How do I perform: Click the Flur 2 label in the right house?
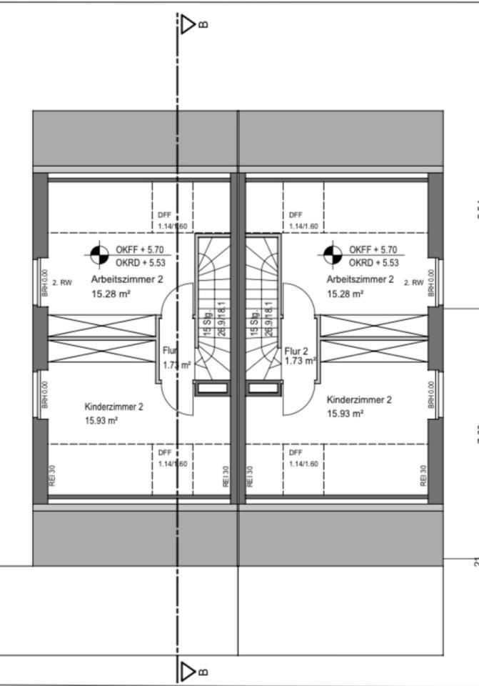click(296, 352)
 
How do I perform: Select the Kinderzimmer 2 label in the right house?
click(359, 400)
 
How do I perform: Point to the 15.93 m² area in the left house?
click(101, 421)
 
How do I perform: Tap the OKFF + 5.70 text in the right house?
click(373, 250)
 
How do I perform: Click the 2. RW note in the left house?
click(62, 283)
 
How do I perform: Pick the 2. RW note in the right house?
click(414, 283)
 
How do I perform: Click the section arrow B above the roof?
click(188, 26)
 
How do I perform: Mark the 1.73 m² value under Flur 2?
click(300, 362)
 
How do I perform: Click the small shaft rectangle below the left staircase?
click(211, 388)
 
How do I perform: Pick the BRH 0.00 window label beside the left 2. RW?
click(44, 283)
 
